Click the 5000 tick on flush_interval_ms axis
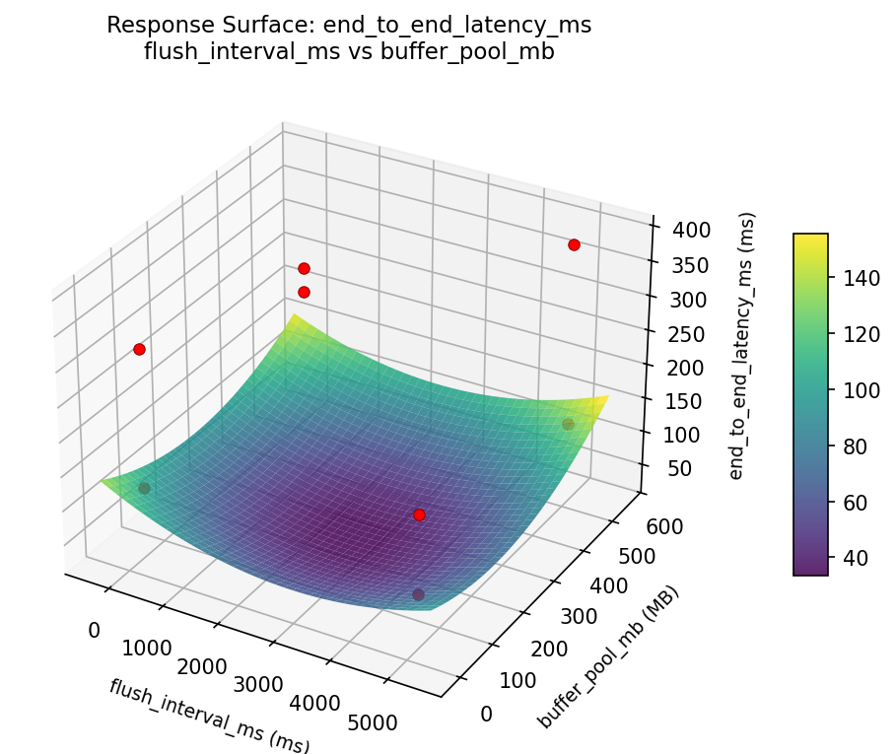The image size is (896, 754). [x=375, y=723]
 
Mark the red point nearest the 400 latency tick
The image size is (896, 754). [x=574, y=244]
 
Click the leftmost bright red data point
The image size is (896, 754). [x=139, y=349]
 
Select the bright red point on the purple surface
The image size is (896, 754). [x=419, y=514]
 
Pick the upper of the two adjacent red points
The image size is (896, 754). [x=304, y=268]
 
